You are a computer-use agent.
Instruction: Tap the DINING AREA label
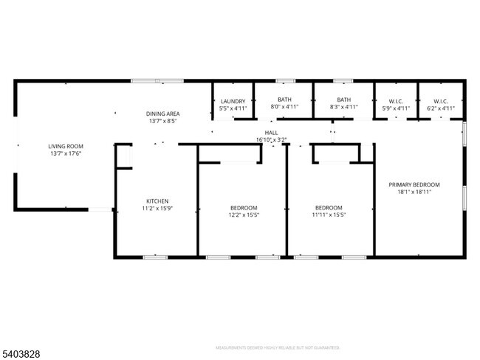click(x=162, y=113)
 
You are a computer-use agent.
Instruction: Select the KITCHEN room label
click(x=157, y=201)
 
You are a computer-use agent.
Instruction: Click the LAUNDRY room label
click(x=233, y=100)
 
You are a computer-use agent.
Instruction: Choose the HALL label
click(x=271, y=132)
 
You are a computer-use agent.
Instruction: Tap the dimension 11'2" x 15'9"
click(x=157, y=208)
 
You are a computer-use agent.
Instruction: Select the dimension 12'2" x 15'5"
click(x=243, y=215)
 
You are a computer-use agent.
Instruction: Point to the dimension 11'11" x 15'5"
click(x=329, y=215)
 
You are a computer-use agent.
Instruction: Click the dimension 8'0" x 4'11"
click(x=284, y=108)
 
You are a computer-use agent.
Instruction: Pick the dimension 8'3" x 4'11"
click(x=343, y=108)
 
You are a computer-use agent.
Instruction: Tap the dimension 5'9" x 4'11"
click(x=397, y=108)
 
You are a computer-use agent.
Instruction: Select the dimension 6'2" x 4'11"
click(x=441, y=108)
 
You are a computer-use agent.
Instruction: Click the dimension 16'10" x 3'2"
click(x=271, y=139)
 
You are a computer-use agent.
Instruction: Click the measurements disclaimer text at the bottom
click(x=277, y=347)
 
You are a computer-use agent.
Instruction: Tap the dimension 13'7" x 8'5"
click(x=162, y=120)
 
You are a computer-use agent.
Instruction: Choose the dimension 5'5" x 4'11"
click(x=233, y=108)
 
